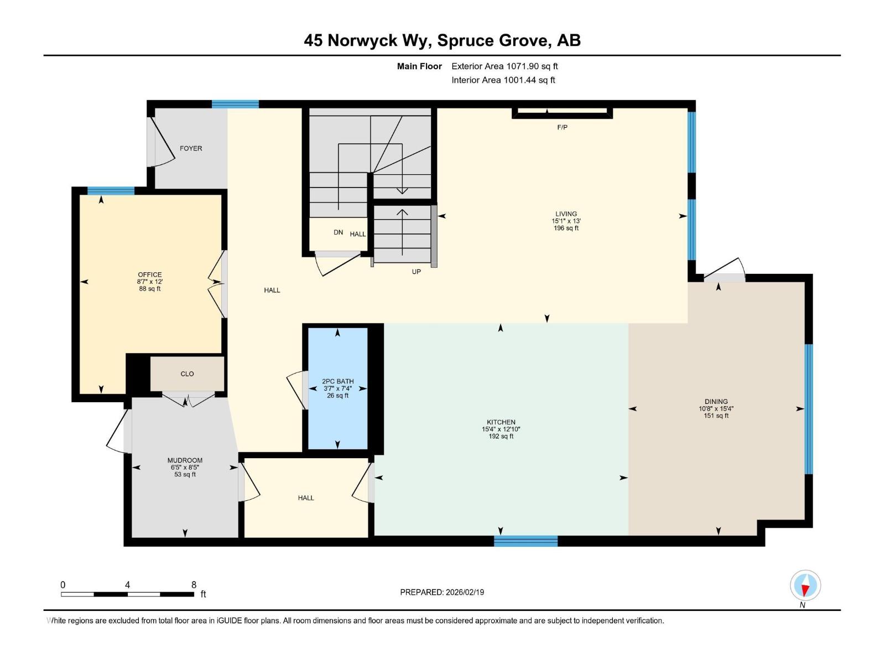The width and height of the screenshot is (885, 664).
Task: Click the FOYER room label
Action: [191, 148]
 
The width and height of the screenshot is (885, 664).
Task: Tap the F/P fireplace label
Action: [562, 127]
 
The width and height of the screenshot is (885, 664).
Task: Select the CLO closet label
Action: [187, 374]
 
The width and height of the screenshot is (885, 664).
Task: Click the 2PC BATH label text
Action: [337, 381]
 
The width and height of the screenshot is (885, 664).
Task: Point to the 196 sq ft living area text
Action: [566, 228]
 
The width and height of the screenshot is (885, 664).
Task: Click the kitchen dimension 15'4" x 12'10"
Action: [501, 429]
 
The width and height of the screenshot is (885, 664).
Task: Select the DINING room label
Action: [716, 402]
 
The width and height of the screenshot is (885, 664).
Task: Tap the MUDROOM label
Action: [185, 460]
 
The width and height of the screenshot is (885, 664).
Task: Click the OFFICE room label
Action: [150, 274]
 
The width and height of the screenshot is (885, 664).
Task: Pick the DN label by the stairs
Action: [338, 232]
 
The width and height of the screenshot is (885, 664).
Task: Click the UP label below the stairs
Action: [416, 272]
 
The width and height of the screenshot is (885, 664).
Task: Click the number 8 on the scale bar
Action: [194, 585]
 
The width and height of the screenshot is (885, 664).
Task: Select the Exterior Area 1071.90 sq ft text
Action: [504, 66]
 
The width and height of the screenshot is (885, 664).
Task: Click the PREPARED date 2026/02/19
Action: [442, 592]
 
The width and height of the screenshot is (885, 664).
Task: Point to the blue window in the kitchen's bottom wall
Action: [525, 541]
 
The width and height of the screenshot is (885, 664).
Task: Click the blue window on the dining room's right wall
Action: [808, 409]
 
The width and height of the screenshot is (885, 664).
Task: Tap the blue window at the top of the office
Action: [111, 191]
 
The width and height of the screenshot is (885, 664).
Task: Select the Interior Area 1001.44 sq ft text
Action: [503, 80]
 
